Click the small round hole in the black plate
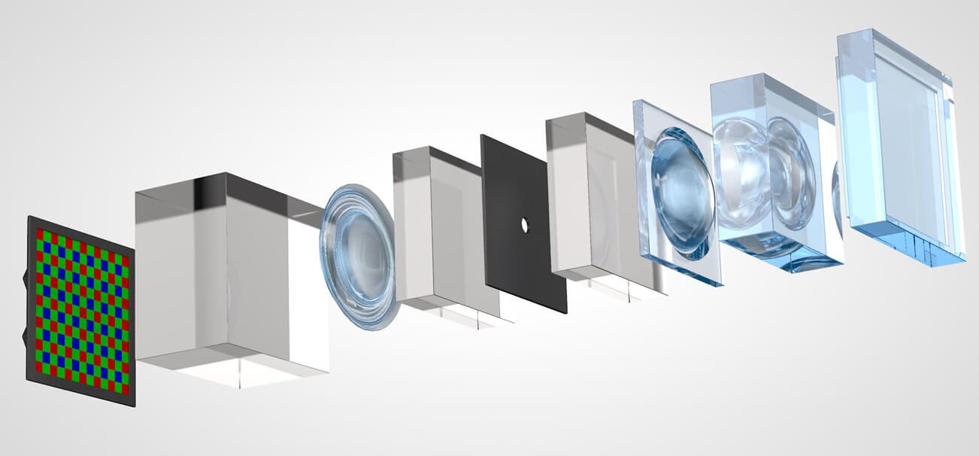(x=525, y=224)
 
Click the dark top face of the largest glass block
(x=248, y=188)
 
